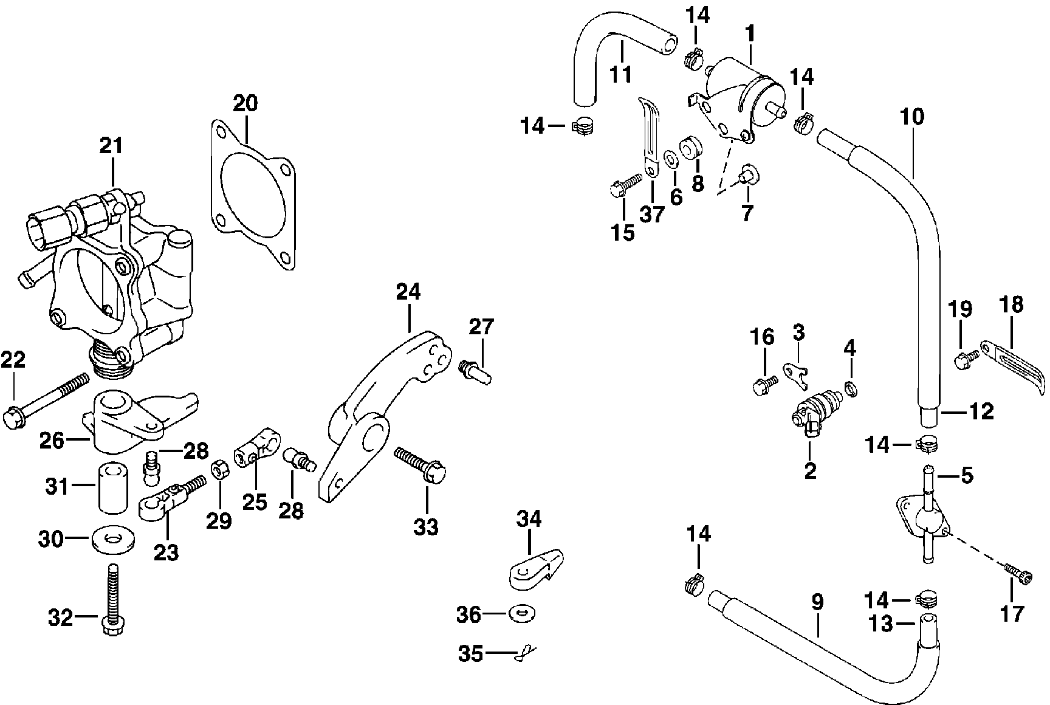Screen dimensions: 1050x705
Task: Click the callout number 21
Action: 111,146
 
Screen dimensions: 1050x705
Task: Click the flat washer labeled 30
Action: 114,539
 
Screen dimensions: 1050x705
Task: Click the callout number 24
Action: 408,292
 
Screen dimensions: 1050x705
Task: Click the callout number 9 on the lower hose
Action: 817,602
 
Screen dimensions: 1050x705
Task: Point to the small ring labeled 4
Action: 850,387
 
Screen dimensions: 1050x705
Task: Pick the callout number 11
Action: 621,74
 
